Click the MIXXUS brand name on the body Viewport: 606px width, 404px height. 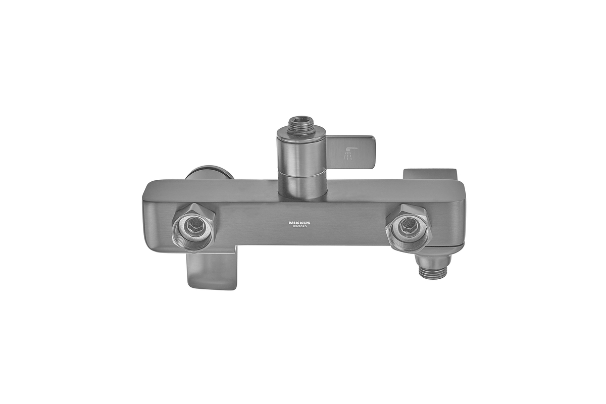299,223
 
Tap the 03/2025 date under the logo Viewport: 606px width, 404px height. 299,226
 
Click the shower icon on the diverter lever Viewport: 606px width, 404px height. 350,154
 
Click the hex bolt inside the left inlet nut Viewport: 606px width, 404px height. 194,224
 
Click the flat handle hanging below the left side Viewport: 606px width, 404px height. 212,271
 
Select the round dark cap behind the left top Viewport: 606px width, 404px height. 210,172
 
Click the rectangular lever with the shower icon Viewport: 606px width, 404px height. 350,152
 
